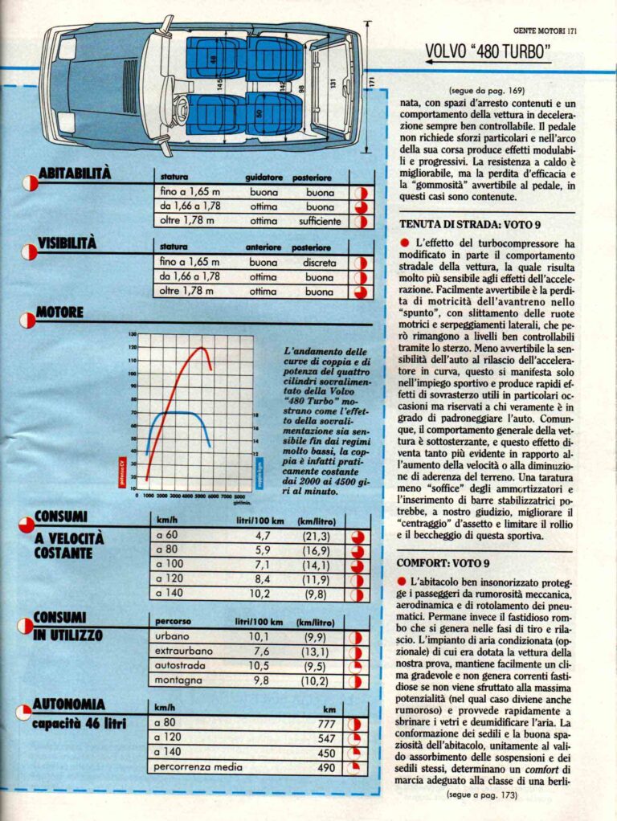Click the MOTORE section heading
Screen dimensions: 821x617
click(x=60, y=311)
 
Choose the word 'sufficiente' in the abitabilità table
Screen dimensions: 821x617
click(x=319, y=221)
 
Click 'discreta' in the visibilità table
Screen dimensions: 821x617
click(x=320, y=262)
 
